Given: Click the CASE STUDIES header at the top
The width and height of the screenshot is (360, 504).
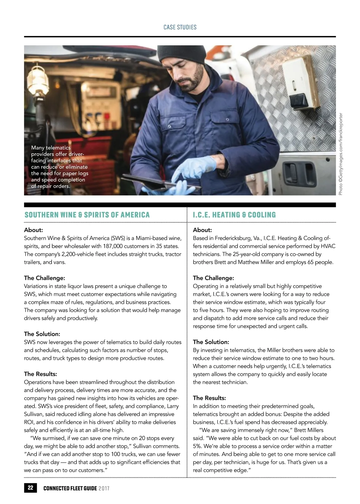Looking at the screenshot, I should coord(180,27).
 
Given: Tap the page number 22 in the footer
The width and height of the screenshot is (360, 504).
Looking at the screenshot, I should coord(30,487).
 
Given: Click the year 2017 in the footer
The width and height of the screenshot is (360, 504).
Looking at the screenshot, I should coord(104,488).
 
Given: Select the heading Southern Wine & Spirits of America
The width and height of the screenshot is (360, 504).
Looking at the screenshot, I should coord(87,215).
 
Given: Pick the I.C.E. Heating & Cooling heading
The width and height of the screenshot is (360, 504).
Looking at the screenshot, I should coord(234,215).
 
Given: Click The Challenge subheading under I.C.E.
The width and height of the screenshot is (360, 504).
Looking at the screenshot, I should coord(213,278).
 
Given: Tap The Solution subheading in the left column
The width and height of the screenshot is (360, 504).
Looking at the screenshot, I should coord(42,334).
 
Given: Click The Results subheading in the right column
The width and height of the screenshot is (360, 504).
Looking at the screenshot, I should coord(209,398).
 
